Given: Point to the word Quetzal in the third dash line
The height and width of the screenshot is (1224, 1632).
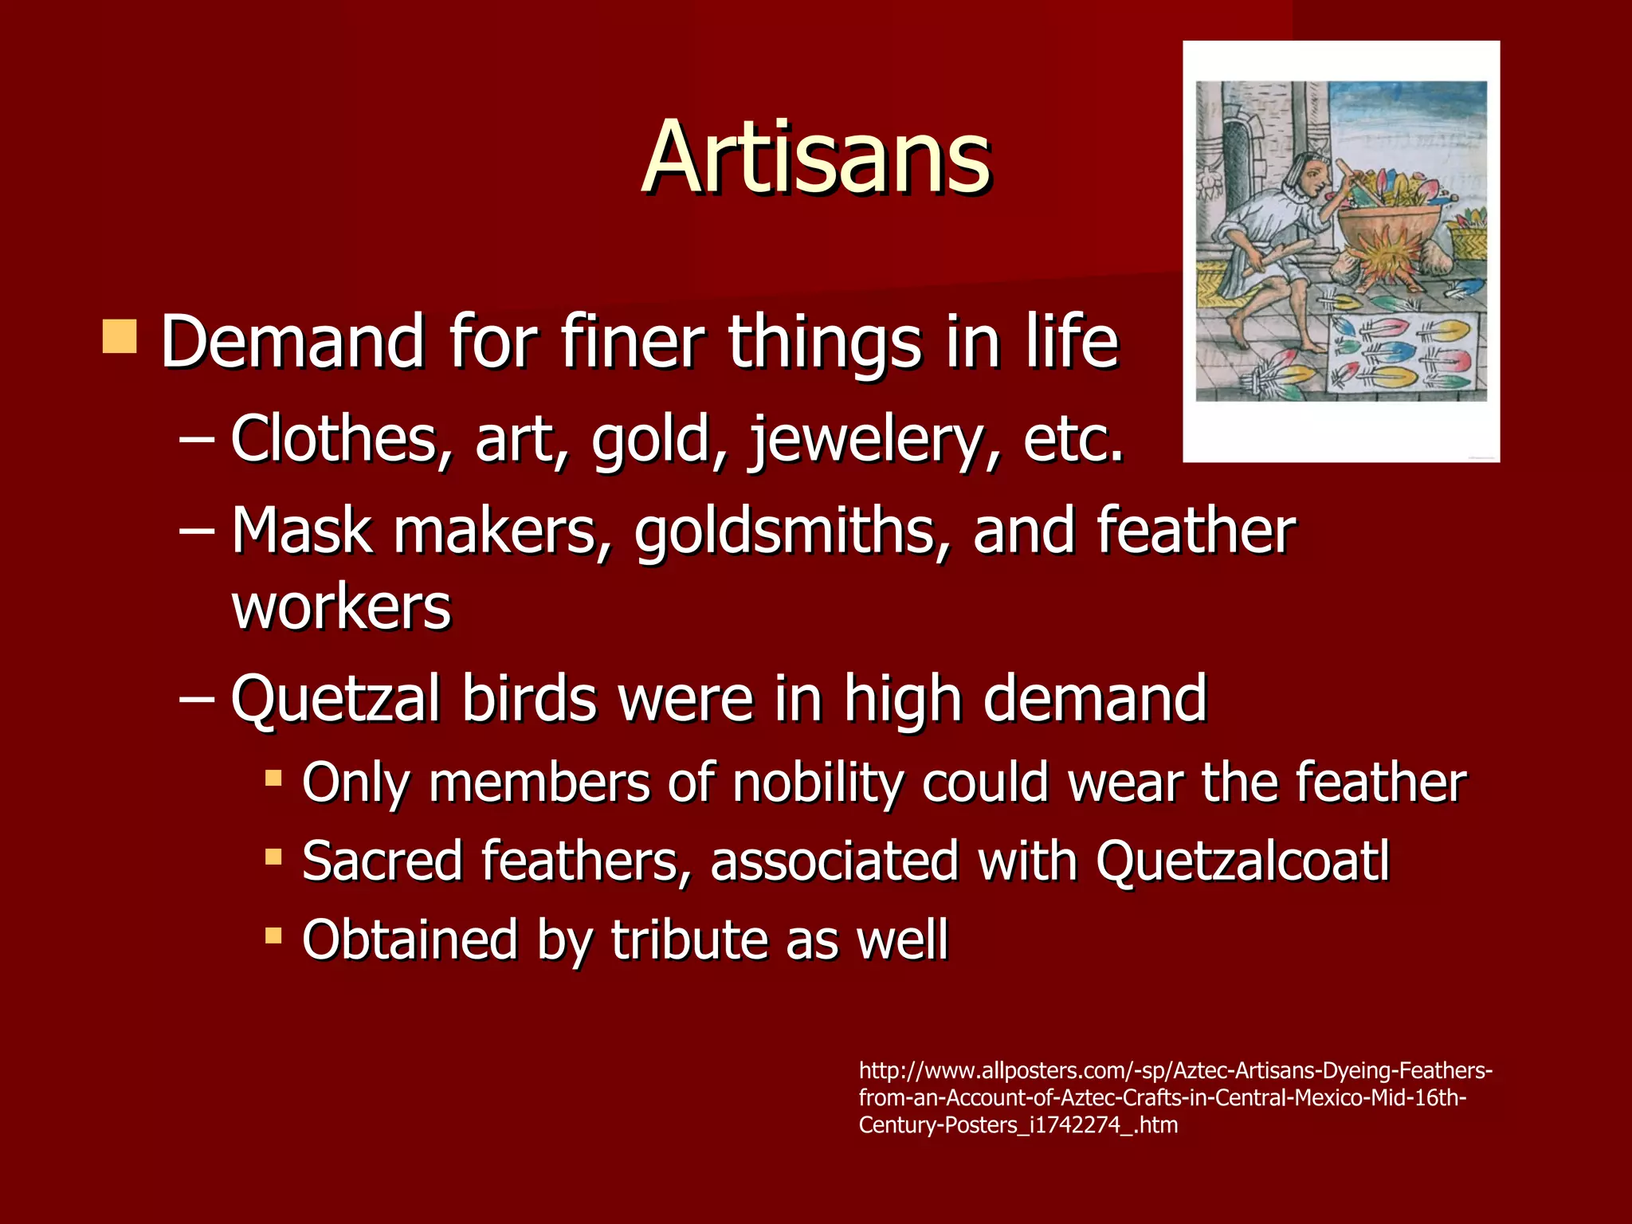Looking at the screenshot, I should point(335,700).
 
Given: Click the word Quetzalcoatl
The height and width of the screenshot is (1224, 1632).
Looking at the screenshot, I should point(1242,861).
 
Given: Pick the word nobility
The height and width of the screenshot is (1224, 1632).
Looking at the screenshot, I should point(818,783).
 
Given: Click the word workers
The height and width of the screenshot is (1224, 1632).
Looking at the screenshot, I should point(341,607).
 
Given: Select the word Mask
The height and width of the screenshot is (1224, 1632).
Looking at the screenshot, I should point(302,532).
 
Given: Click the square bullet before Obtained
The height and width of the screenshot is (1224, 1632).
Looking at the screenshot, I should point(273,935).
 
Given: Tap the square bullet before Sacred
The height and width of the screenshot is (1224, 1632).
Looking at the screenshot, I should point(273,857).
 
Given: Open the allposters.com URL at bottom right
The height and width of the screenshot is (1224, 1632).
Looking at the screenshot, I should point(1175,1097).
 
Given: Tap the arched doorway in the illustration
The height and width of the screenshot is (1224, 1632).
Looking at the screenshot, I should point(1236,167).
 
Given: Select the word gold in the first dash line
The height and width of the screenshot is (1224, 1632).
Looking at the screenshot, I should point(649,440).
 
